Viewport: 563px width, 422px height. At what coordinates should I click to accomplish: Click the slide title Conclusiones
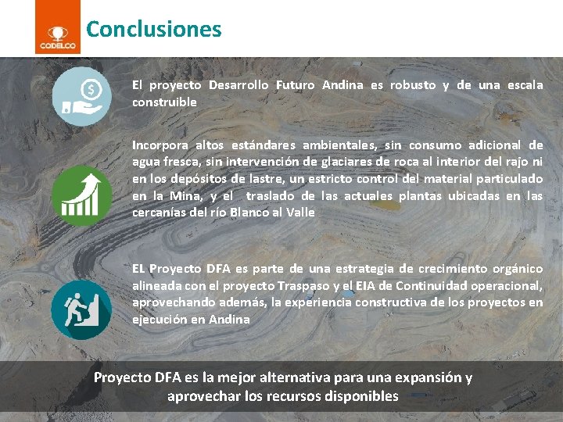pos(153,30)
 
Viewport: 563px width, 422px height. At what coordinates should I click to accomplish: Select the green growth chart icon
pos(81,196)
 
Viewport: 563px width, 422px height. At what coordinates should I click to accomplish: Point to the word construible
pos(164,102)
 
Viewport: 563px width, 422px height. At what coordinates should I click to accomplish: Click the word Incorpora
pos(160,145)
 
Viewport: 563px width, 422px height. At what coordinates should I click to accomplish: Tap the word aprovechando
pos(168,302)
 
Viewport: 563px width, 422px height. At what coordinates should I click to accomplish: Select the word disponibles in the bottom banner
pos(361,396)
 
